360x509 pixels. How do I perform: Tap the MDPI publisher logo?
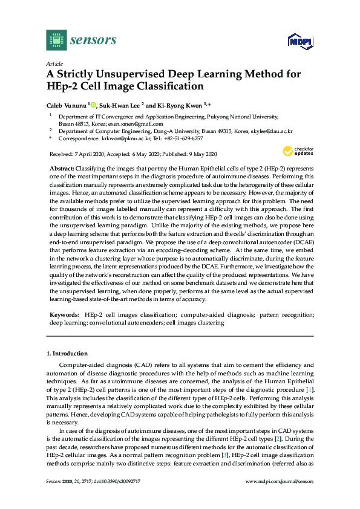point(298,41)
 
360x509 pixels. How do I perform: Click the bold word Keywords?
point(65,315)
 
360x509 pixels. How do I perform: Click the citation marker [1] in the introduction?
point(309,392)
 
